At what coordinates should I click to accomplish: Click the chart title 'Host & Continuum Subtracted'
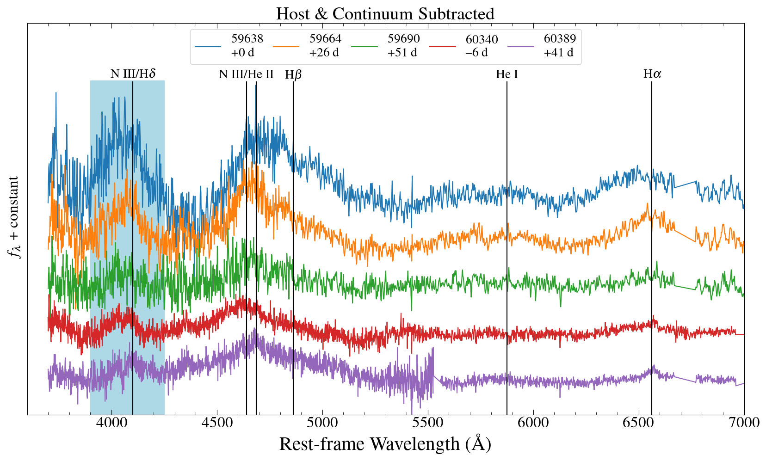385,13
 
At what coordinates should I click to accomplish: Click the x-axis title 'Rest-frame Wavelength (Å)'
385,444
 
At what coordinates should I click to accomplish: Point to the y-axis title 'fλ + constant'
14,217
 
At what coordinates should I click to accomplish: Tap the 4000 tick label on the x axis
111,423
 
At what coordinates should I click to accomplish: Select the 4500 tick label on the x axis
216,423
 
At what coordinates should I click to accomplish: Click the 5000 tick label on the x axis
322,423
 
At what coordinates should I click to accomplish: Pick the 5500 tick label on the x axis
427,423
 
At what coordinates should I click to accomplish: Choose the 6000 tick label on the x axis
533,423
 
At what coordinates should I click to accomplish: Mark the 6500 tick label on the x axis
638,423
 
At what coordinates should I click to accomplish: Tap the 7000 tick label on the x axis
744,423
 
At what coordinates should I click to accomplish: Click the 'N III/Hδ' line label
133,74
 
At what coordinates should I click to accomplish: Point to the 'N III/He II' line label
246,74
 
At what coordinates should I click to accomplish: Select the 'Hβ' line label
293,74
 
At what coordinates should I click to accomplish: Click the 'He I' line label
507,74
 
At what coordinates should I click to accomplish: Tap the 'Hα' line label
652,74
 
